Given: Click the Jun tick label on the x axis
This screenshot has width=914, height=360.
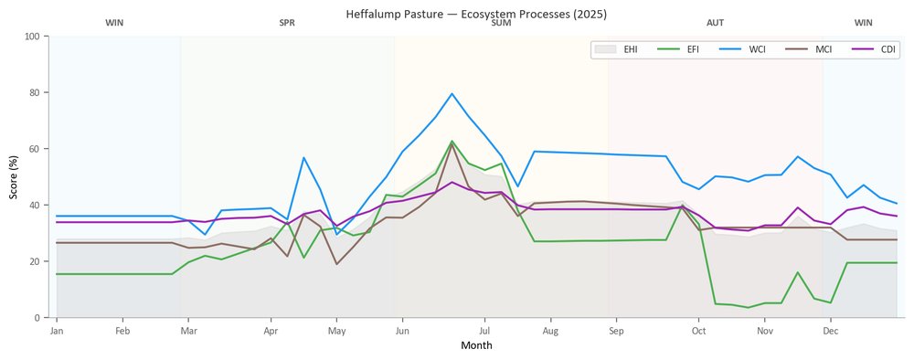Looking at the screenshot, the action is (402, 332).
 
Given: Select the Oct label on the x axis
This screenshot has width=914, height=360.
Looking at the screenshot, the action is (699, 332).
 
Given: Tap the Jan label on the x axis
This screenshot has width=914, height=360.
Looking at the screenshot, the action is (57, 332).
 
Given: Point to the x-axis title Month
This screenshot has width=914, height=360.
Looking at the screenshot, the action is (476, 345).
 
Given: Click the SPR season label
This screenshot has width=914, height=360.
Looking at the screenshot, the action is (287, 24).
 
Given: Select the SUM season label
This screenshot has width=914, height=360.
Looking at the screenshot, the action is (501, 24).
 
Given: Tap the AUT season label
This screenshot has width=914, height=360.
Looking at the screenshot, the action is (716, 24).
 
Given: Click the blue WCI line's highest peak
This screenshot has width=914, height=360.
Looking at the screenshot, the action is (452, 93).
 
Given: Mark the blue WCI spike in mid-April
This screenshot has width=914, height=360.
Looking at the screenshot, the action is (303, 157).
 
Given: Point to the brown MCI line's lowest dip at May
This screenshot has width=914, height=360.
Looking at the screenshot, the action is (337, 264).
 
